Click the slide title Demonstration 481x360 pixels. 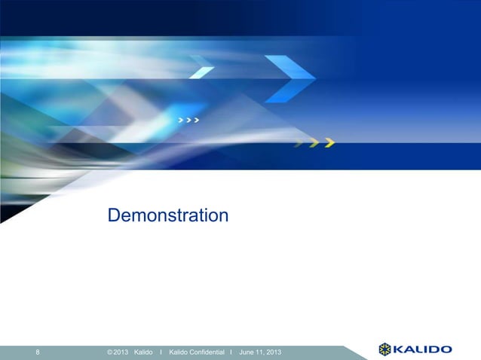(167, 217)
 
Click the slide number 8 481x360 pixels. (38, 352)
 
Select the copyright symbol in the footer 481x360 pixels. (110, 352)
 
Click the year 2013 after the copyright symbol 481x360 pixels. (121, 352)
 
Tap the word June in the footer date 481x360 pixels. (247, 352)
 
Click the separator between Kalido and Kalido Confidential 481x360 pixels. (161, 352)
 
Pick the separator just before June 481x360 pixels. (231, 352)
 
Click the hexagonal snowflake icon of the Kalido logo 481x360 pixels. (385, 349)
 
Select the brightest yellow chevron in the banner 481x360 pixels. (329, 143)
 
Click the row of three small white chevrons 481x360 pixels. (188, 120)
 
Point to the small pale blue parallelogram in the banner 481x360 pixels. (202, 72)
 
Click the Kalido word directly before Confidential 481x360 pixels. (182, 352)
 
